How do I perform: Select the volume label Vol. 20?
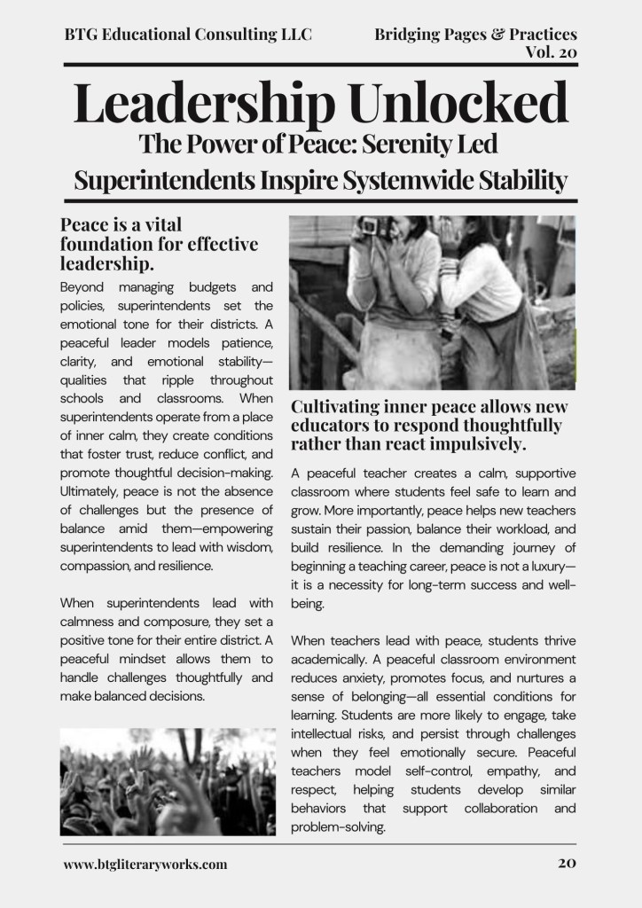pyautogui.click(x=551, y=52)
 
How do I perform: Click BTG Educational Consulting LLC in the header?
pyautogui.click(x=188, y=35)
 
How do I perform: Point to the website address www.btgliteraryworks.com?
pyautogui.click(x=145, y=864)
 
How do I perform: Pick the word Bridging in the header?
pyautogui.click(x=409, y=35)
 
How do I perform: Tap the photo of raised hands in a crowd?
pyautogui.click(x=168, y=782)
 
